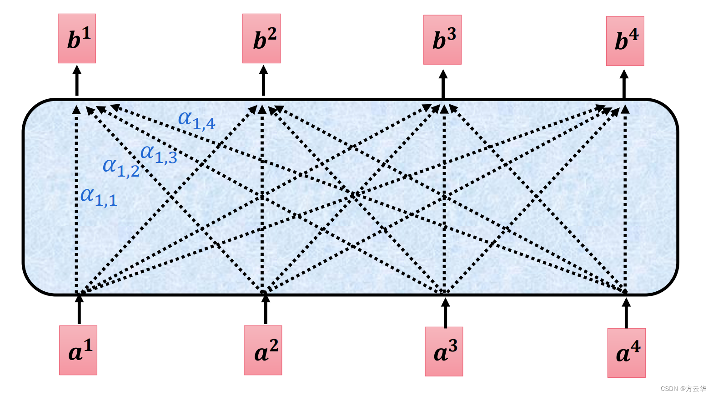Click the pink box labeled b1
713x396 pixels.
(77, 39)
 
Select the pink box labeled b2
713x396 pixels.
(261, 39)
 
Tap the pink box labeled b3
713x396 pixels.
(442, 40)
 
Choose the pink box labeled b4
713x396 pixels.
(625, 41)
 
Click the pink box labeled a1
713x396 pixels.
(78, 350)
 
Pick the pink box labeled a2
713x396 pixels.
(263, 350)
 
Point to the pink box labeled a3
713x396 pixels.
(444, 351)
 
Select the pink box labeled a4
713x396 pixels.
(627, 353)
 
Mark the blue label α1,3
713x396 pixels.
(159, 154)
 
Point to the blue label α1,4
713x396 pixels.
(197, 121)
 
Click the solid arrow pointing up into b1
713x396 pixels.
(77, 81)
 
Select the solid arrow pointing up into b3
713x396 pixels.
(443, 84)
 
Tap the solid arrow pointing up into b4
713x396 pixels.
(624, 84)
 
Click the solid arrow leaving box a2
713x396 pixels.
(266, 309)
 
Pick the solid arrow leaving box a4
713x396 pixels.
(626, 313)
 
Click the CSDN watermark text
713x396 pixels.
(683, 389)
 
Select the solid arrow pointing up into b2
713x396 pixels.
(263, 81)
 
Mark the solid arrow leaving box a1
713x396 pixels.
(79, 309)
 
